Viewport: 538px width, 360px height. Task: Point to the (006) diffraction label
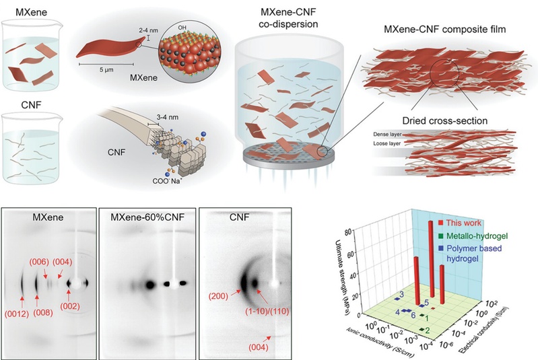[x=36, y=260]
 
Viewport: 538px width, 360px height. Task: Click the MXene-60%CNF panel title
[x=143, y=218]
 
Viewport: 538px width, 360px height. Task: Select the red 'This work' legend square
[x=436, y=223]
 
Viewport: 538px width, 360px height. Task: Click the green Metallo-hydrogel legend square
[x=436, y=236]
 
